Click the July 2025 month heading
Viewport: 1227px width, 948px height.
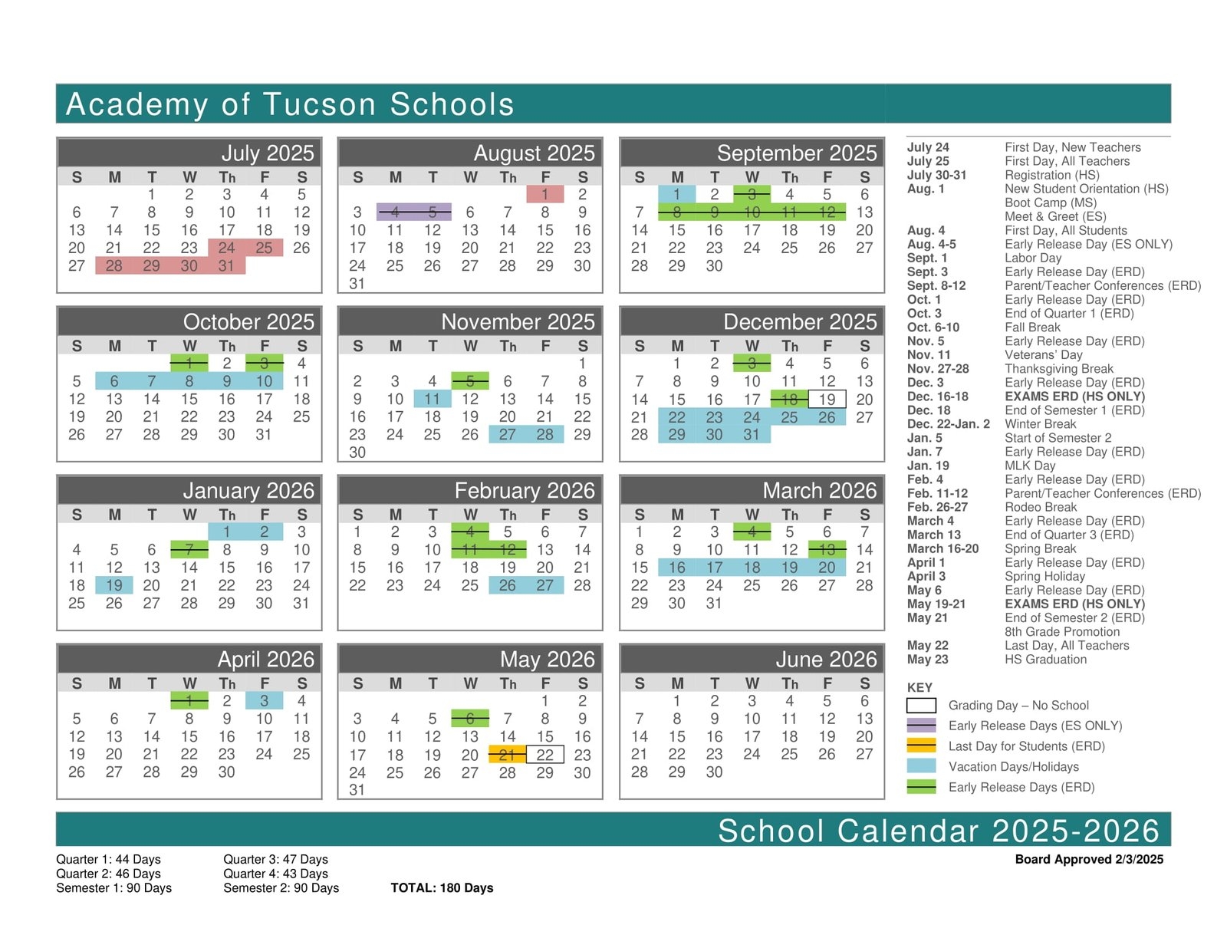click(268, 153)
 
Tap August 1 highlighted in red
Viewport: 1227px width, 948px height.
click(544, 194)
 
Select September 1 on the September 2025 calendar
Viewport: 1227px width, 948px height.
click(676, 194)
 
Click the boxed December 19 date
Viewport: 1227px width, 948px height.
click(827, 399)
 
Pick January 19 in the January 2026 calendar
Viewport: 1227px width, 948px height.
click(114, 585)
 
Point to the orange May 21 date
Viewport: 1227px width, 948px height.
click(507, 755)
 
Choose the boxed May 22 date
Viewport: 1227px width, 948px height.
click(544, 755)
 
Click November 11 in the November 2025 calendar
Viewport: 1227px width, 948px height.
click(433, 399)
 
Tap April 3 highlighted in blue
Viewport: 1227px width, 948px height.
click(264, 700)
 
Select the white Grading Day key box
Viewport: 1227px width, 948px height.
click(921, 706)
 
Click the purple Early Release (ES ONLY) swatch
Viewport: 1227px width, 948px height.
click(921, 726)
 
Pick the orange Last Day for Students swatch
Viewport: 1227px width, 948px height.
click(921, 746)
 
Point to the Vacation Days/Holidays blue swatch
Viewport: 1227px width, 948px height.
click(921, 766)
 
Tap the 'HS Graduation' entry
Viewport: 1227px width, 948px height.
click(1045, 660)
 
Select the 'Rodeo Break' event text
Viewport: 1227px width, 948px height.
click(1041, 507)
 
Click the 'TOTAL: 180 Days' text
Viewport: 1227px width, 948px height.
click(442, 888)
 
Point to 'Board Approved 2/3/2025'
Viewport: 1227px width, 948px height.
click(1089, 859)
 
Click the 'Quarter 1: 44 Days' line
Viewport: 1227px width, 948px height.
click(108, 859)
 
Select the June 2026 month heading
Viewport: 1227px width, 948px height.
click(826, 659)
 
